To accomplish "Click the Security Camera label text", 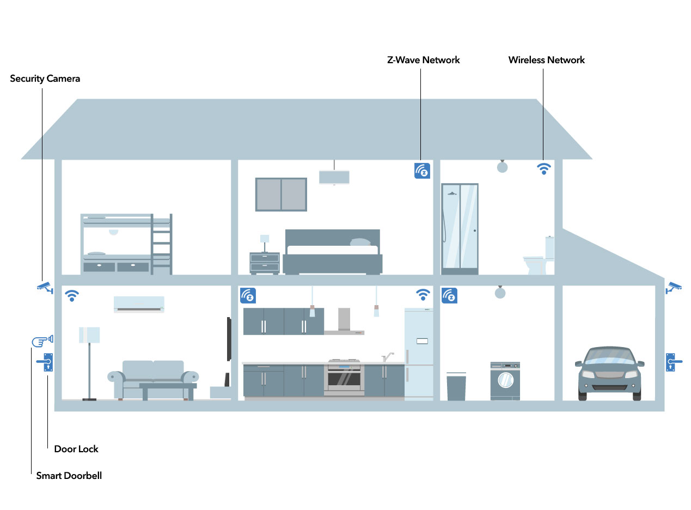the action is pyautogui.click(x=45, y=78).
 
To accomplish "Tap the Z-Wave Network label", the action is pyautogui.click(x=423, y=60).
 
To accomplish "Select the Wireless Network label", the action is pyautogui.click(x=546, y=60).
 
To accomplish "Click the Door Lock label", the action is pyautogui.click(x=76, y=449).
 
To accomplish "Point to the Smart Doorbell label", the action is pyautogui.click(x=69, y=476).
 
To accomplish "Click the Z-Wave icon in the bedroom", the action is pyautogui.click(x=422, y=171).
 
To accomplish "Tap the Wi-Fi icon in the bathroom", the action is pyautogui.click(x=543, y=168).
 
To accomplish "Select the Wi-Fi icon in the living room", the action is pyautogui.click(x=72, y=296).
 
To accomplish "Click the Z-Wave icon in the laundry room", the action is pyautogui.click(x=449, y=296).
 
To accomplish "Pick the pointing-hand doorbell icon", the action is pyautogui.click(x=42, y=341).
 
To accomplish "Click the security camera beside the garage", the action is pyautogui.click(x=673, y=288).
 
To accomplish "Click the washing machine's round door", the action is pyautogui.click(x=505, y=380).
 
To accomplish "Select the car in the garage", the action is pyautogui.click(x=609, y=374).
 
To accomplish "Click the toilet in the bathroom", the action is pyautogui.click(x=539, y=256).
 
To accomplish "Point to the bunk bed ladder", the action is pyautogui.click(x=161, y=244).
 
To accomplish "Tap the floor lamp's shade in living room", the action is pyautogui.click(x=89, y=335).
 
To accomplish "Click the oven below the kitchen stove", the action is pyautogui.click(x=344, y=379).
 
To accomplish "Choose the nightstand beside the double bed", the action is pyautogui.click(x=265, y=263).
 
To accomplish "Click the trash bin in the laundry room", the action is pyautogui.click(x=456, y=386).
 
